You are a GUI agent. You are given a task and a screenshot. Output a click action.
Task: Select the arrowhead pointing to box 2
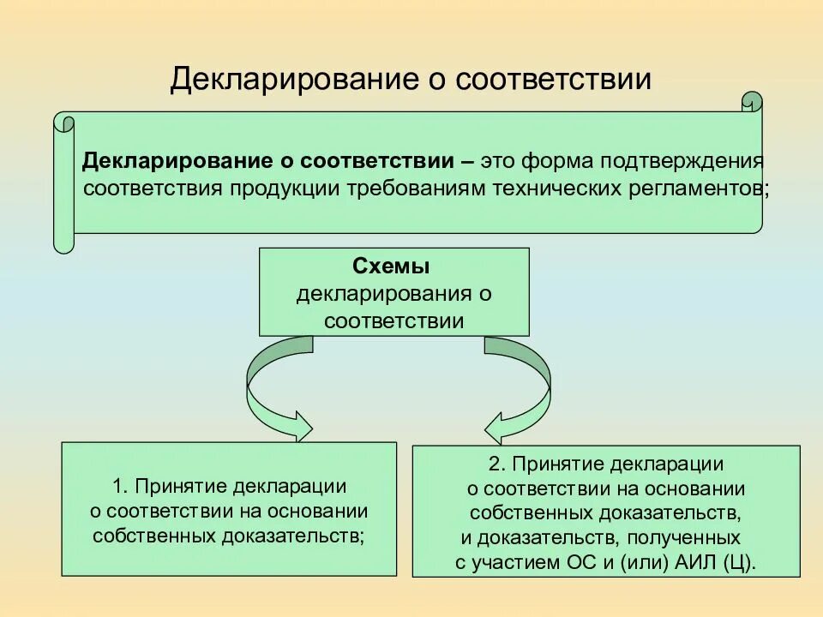[x=496, y=426]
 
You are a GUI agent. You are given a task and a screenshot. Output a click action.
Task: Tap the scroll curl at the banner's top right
[x=751, y=103]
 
